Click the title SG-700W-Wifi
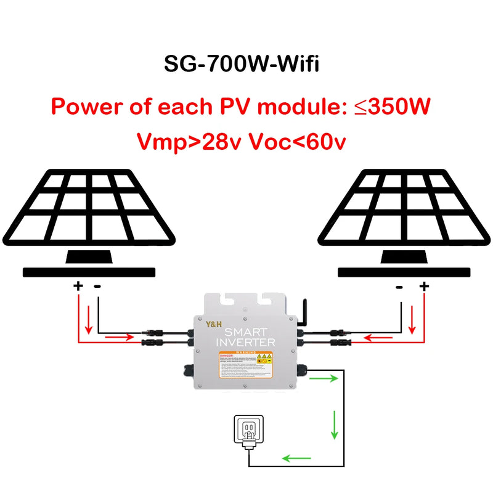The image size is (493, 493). point(242,63)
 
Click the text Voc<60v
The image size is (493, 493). point(296,142)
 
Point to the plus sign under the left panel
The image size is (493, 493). point(78,286)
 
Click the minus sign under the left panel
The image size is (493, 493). point(97,286)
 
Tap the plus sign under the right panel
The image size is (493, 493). point(423,286)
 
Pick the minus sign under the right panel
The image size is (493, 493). point(399,286)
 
